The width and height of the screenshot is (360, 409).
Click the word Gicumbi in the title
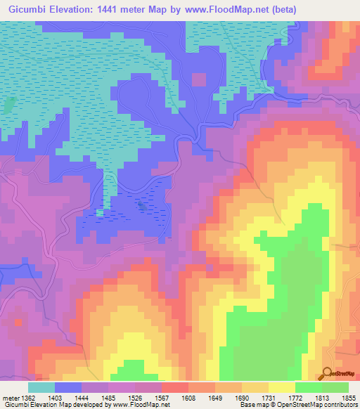[29, 10]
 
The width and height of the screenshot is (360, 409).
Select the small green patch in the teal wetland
[9, 105]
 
